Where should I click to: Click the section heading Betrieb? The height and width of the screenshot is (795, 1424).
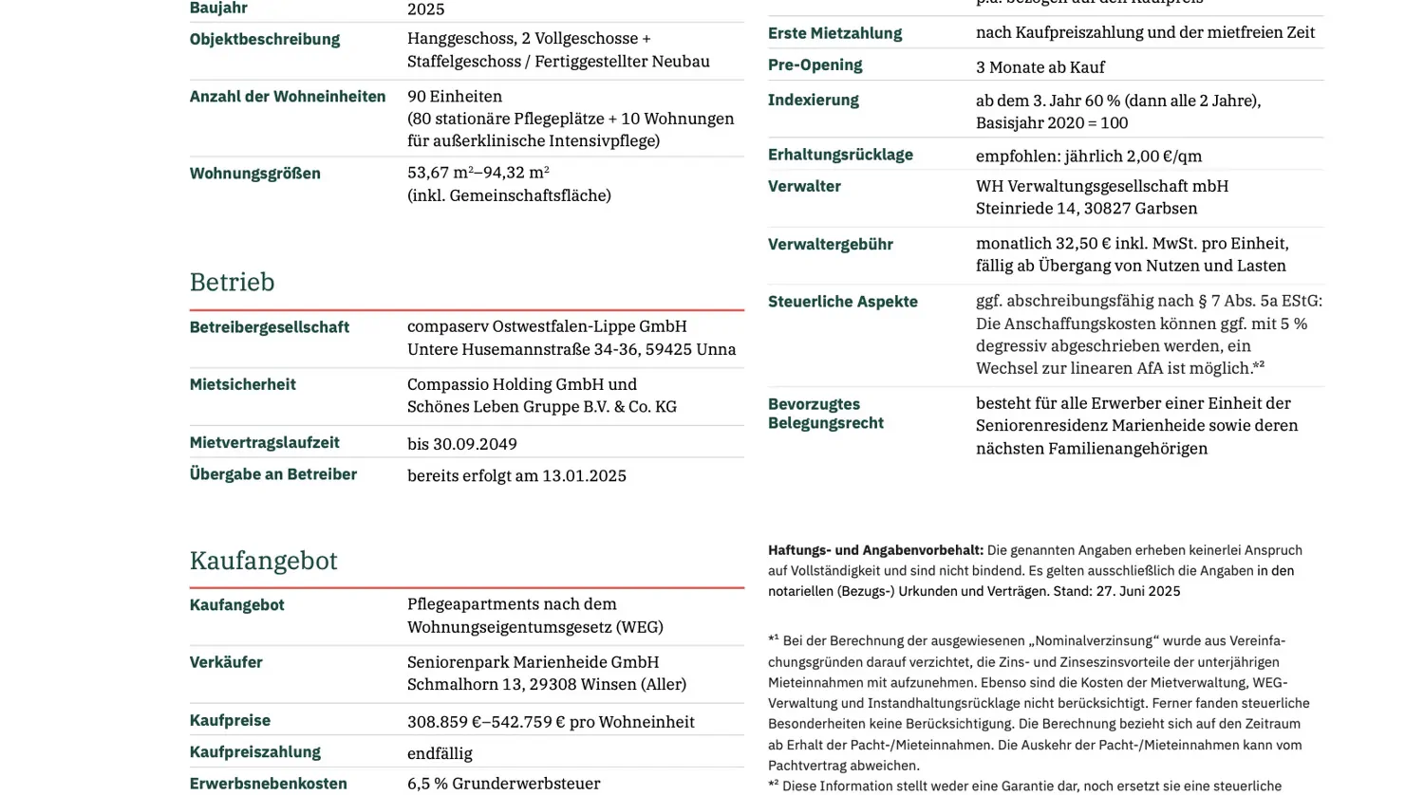(x=232, y=283)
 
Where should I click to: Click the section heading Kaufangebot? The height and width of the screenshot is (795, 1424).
(x=263, y=561)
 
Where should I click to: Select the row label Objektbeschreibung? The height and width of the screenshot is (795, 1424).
(x=264, y=39)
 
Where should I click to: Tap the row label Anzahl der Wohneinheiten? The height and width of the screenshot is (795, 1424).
(x=287, y=96)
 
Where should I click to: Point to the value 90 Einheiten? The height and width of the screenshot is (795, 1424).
(x=455, y=96)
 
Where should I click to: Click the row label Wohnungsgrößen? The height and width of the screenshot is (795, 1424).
(x=254, y=174)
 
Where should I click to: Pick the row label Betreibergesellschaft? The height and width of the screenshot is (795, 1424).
(x=269, y=327)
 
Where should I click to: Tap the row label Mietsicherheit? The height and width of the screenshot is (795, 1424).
(x=242, y=384)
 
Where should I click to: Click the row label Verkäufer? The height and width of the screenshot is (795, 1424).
(x=226, y=662)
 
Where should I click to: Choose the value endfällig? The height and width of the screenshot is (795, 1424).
(x=440, y=753)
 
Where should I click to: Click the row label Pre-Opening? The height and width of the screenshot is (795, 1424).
(x=815, y=65)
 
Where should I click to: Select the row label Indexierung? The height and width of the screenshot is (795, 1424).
(x=813, y=100)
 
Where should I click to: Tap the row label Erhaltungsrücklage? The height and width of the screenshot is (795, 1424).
(x=840, y=155)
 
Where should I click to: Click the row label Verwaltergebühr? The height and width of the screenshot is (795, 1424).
(x=830, y=244)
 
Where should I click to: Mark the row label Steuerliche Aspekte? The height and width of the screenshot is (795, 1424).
(x=842, y=302)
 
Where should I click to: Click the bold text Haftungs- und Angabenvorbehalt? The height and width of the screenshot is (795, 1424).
(x=875, y=550)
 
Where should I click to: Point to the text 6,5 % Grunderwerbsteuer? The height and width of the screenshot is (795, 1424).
(x=503, y=784)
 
